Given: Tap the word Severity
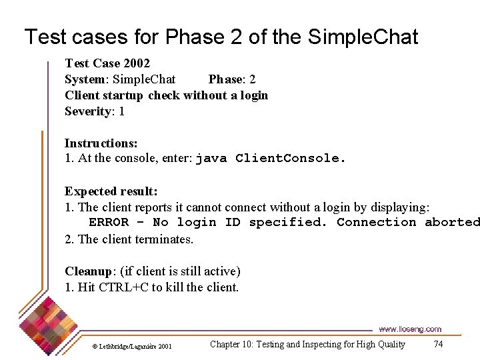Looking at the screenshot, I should click(x=87, y=111).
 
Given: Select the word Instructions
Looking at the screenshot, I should click(x=101, y=143).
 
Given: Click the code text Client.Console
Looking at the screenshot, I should click(x=291, y=159).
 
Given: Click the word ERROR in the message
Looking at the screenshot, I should click(x=109, y=223).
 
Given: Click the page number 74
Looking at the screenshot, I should click(x=438, y=344).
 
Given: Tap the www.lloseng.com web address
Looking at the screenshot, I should click(x=410, y=329).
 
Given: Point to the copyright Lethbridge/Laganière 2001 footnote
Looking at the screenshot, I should click(x=131, y=346).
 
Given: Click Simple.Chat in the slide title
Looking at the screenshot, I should click(x=363, y=37).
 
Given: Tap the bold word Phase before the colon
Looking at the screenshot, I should click(x=225, y=79).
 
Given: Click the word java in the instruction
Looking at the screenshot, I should click(x=211, y=159).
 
